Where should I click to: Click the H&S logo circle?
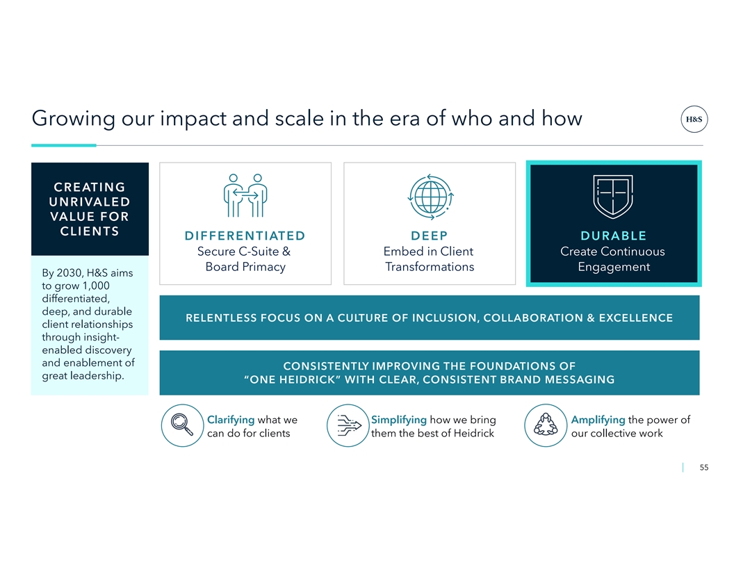pyautogui.click(x=694, y=119)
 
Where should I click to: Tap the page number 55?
pyautogui.click(x=703, y=468)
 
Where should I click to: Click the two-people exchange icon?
pyautogui.click(x=245, y=195)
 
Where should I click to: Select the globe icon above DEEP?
pyautogui.click(x=430, y=197)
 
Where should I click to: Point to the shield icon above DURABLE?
pyautogui.click(x=613, y=197)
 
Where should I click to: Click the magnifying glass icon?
pyautogui.click(x=182, y=425)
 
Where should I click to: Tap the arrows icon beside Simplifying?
pyautogui.click(x=348, y=425)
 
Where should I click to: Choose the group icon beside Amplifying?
pyautogui.click(x=546, y=425)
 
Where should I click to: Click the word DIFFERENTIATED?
pyautogui.click(x=245, y=236)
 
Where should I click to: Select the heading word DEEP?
pyautogui.click(x=430, y=236)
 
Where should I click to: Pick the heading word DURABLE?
pyautogui.click(x=613, y=236)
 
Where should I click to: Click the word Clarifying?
pyautogui.click(x=231, y=420)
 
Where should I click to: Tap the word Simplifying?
pyautogui.click(x=399, y=420)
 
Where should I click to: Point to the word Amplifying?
pyautogui.click(x=598, y=420)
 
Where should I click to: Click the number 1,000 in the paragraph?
pyautogui.click(x=96, y=286)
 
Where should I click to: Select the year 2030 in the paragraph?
pyautogui.click(x=70, y=273)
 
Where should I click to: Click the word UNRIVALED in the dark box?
pyautogui.click(x=90, y=202)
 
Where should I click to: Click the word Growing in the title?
pyautogui.click(x=74, y=119)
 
